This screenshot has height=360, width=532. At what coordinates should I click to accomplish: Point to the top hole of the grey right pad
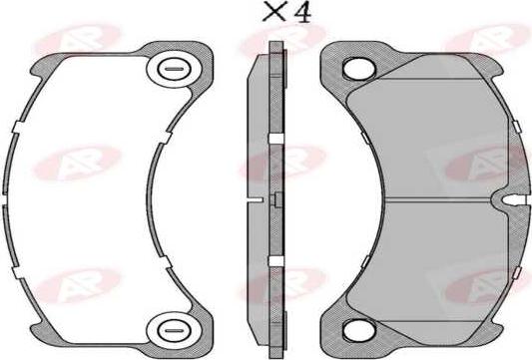pos(353,69)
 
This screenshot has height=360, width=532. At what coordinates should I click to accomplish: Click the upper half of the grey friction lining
pos(439,130)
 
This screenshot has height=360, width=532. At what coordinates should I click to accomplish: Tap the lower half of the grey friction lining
pos(439,264)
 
